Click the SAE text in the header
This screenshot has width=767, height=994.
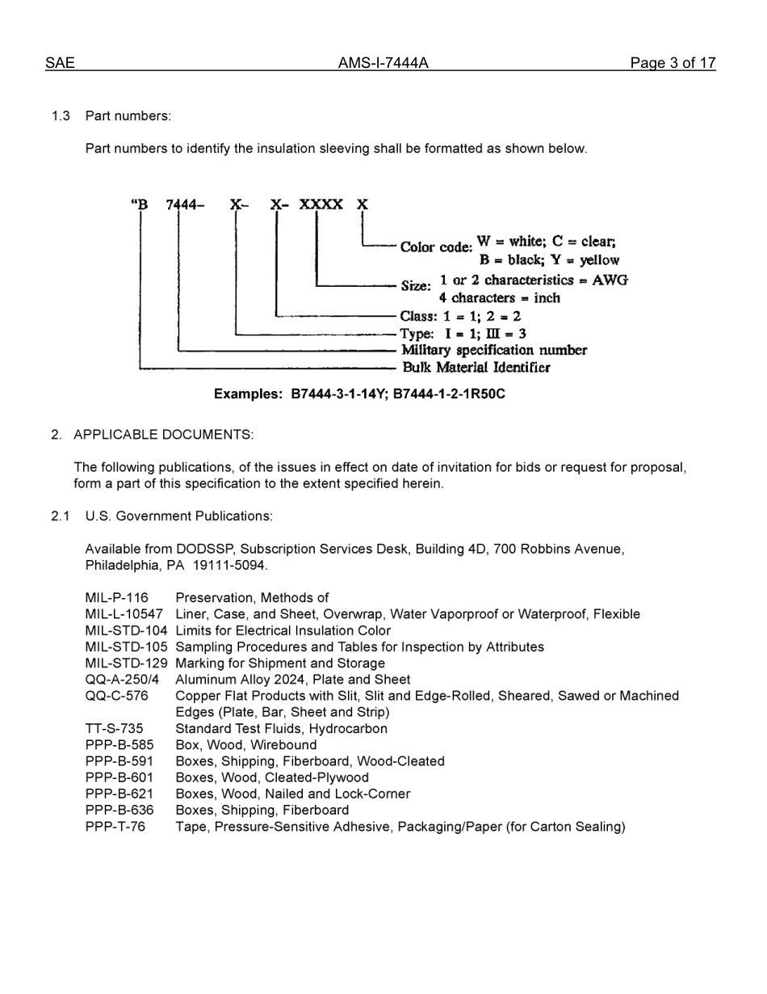60,63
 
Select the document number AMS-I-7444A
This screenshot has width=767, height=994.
383,63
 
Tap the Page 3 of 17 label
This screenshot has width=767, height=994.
673,63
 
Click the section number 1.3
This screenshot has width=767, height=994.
61,116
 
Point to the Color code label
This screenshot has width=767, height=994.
436,246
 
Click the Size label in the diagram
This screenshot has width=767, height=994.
416,286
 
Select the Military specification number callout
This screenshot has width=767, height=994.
494,350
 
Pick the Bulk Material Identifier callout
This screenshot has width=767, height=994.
476,368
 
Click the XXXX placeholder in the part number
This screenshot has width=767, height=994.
321,204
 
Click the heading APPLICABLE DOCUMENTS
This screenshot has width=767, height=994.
163,435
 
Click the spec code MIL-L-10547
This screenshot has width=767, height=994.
124,614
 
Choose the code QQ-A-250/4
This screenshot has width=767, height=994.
122,680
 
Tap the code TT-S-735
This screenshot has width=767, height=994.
114,728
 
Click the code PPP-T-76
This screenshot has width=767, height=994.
115,827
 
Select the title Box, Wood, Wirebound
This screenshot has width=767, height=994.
245,745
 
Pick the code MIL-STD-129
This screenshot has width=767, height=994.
126,663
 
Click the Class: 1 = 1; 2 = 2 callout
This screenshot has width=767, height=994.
460,316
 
